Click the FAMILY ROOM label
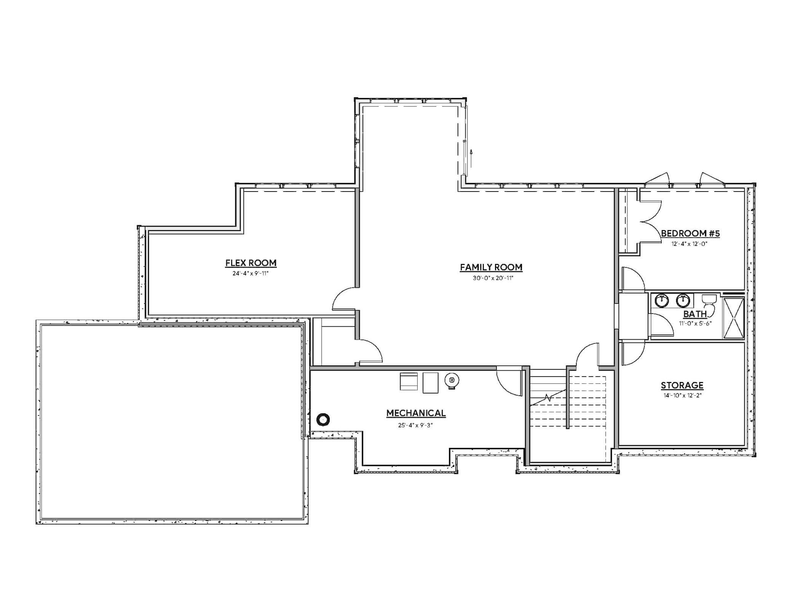click(491, 267)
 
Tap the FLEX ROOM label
click(251, 263)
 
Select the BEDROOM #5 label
click(690, 233)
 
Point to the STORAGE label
click(682, 385)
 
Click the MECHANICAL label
click(416, 413)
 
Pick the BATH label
click(695, 314)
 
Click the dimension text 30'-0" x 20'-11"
click(493, 278)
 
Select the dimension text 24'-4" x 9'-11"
click(251, 273)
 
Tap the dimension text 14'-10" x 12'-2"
click(682, 395)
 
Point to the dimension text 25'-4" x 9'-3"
click(415, 425)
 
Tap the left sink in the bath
click(662, 300)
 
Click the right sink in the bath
click(683, 300)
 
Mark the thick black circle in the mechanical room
click(323, 420)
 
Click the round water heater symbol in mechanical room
click(452, 380)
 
